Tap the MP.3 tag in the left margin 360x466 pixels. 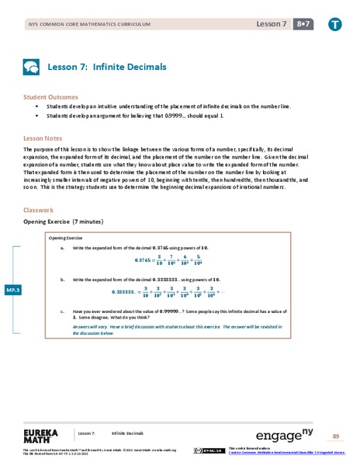pyautogui.click(x=12, y=289)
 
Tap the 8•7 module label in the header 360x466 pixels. pyautogui.click(x=303, y=25)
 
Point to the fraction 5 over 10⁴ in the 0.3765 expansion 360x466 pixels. pyautogui.click(x=220, y=260)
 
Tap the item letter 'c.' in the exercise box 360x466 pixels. pyautogui.click(x=61, y=310)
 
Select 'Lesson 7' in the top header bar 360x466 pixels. pyautogui.click(x=271, y=25)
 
